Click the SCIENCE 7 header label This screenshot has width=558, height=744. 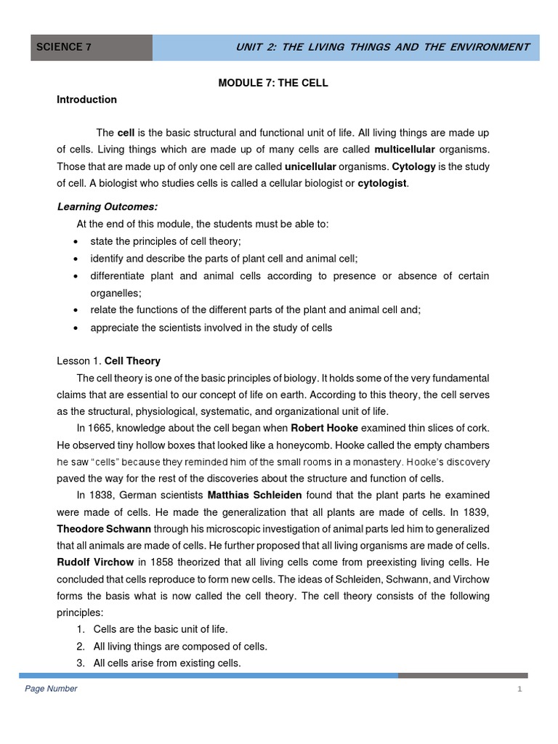pyautogui.click(x=64, y=47)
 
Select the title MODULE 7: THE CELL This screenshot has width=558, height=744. pyautogui.click(x=273, y=83)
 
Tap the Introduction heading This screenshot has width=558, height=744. pyautogui.click(x=86, y=100)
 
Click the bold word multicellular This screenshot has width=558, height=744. pyautogui.click(x=404, y=149)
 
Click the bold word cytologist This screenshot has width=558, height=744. pyautogui.click(x=382, y=183)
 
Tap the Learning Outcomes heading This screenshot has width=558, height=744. pyautogui.click(x=107, y=207)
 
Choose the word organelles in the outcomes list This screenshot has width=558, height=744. pyautogui.click(x=116, y=293)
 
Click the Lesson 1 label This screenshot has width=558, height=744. pyautogui.click(x=79, y=361)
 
